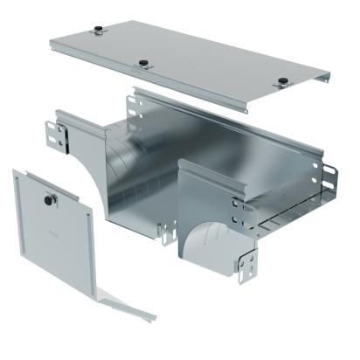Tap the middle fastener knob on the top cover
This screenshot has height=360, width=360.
coord(142,63)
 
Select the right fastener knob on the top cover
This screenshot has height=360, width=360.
coord(282,83)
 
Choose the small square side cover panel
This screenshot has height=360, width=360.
coord(52,232)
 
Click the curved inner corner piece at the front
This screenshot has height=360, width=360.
coord(208,240)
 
